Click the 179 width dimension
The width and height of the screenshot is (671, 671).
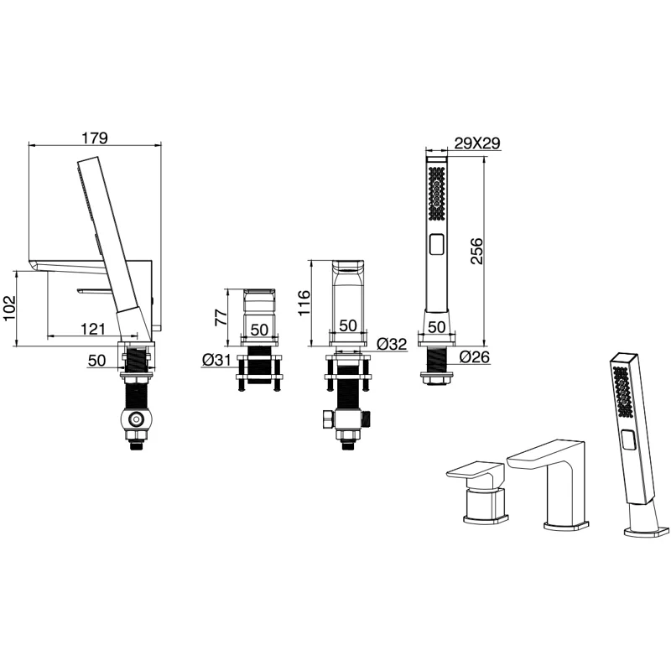click(95, 138)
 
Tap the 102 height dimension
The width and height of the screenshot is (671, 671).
click(9, 308)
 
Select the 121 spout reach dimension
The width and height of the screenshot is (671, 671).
click(93, 329)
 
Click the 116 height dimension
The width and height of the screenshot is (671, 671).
click(304, 303)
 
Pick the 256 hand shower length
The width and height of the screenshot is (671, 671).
click(476, 251)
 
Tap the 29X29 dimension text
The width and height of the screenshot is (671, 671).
click(477, 143)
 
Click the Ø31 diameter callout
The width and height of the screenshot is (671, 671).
click(216, 361)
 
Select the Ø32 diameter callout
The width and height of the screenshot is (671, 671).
click(392, 344)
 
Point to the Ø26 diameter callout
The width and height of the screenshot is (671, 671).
click(475, 356)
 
